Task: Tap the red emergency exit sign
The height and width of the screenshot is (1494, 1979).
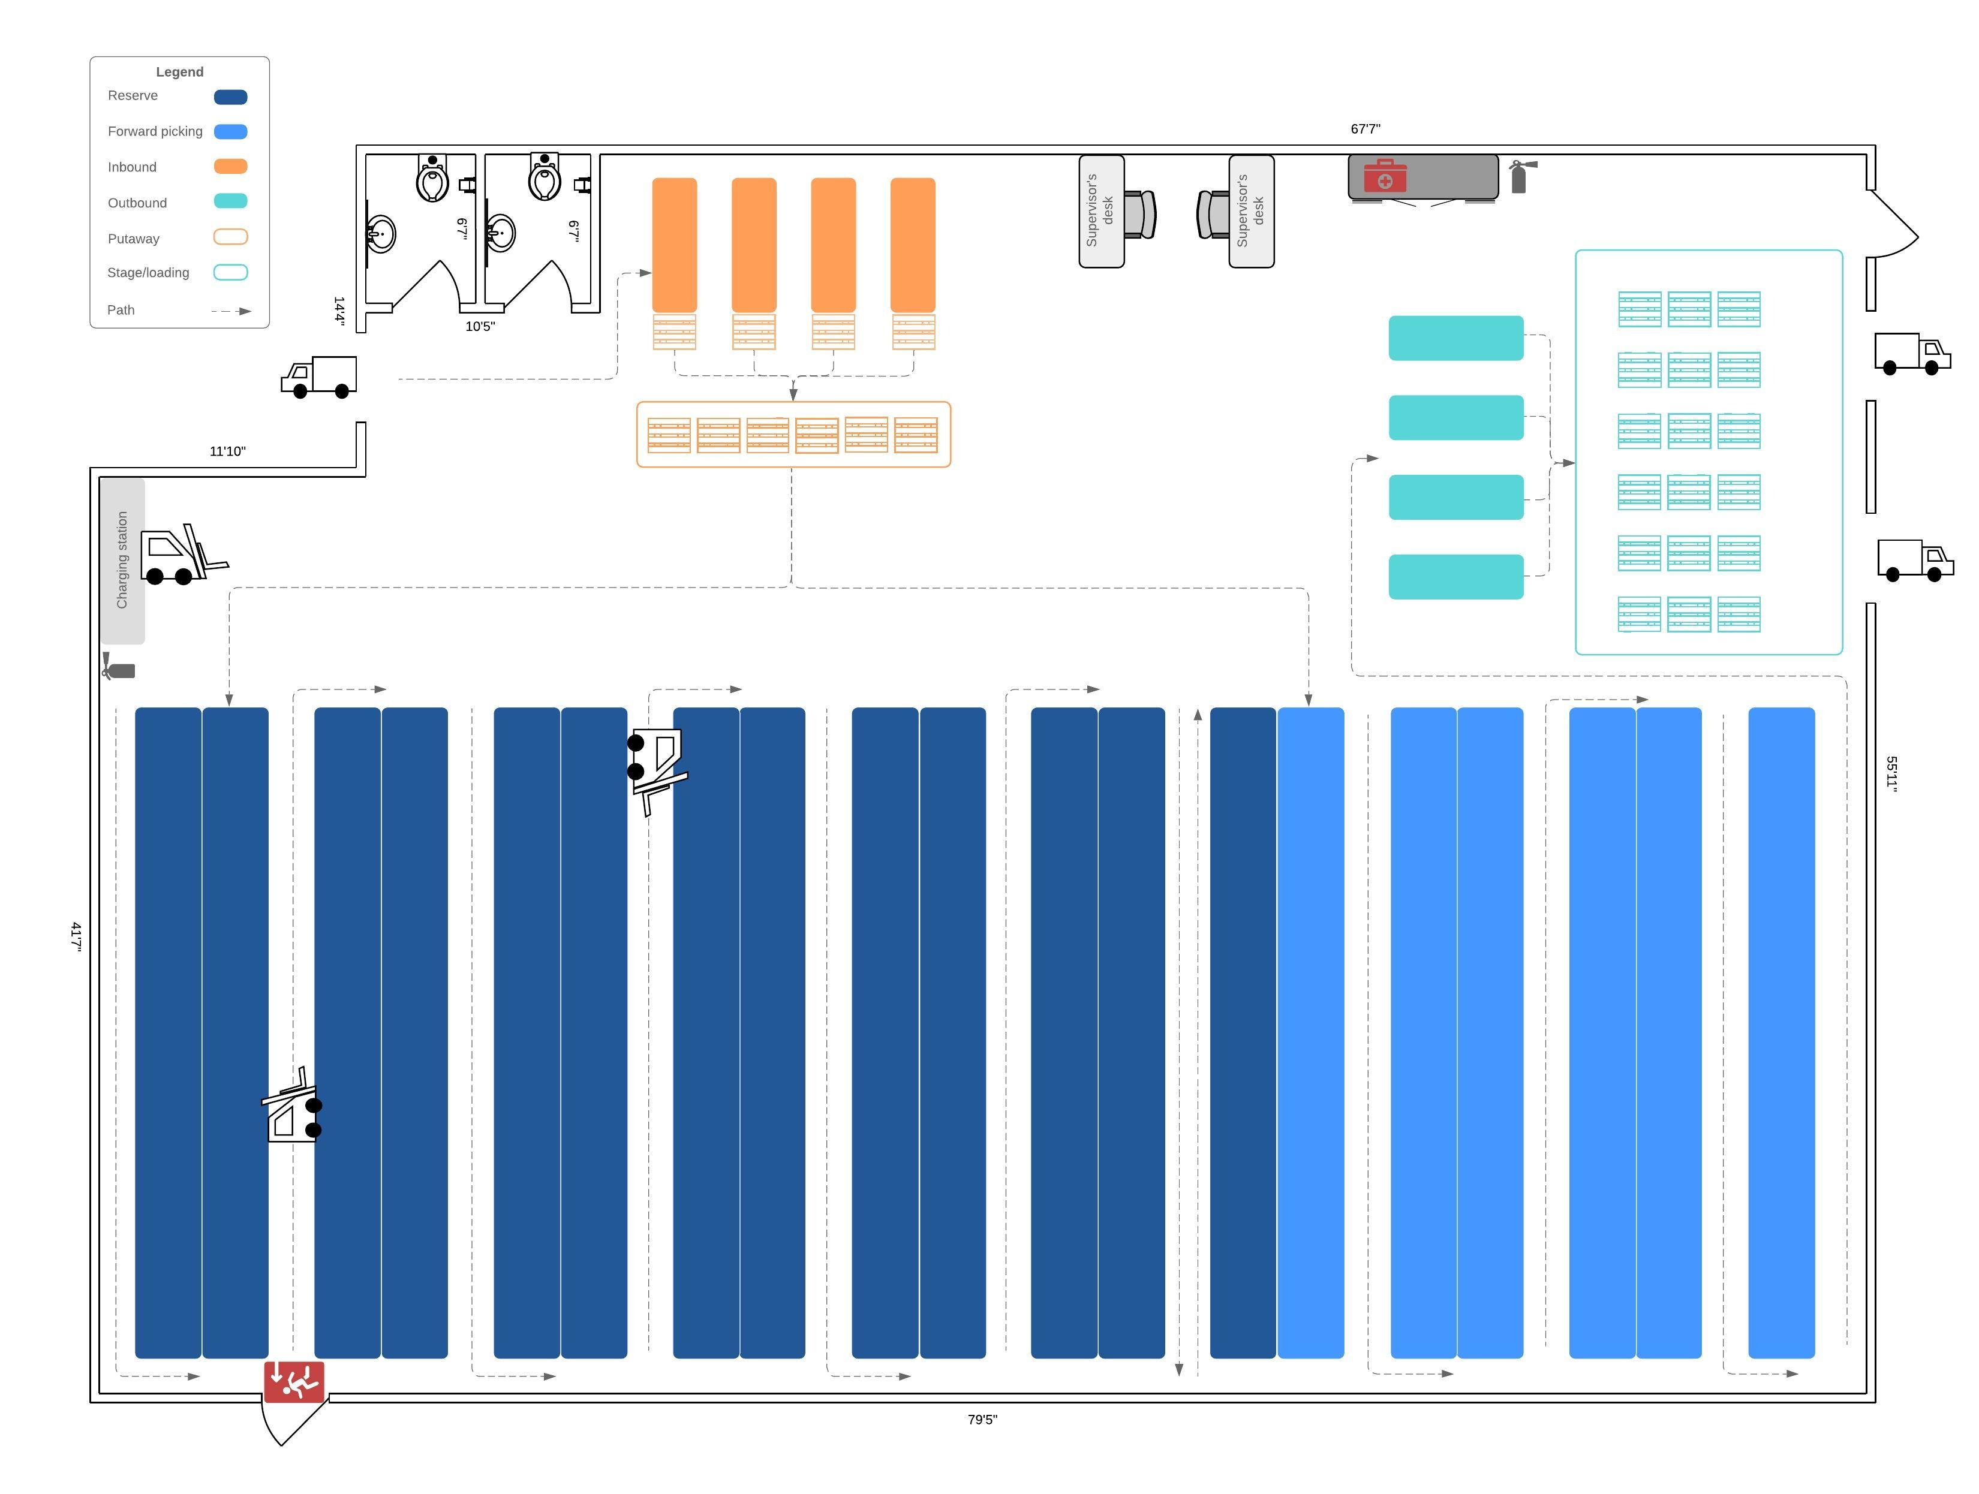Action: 294,1382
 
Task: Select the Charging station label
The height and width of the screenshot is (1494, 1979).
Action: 122,560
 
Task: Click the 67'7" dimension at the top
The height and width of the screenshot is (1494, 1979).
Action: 1366,129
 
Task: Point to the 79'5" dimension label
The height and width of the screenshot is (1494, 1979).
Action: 982,1420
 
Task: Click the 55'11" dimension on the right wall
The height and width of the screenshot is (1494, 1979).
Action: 1891,773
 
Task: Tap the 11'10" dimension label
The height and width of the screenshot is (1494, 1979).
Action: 227,452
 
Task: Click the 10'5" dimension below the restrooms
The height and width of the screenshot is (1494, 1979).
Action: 480,327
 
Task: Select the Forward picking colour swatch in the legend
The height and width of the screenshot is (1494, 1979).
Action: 231,131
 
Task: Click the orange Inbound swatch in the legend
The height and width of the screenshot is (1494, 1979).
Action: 231,167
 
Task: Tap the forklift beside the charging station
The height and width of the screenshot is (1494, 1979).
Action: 184,554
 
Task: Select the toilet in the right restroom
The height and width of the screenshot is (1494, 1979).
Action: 544,176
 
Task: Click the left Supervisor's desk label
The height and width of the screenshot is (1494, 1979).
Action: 1099,211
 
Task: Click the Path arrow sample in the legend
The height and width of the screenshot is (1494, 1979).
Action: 231,311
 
